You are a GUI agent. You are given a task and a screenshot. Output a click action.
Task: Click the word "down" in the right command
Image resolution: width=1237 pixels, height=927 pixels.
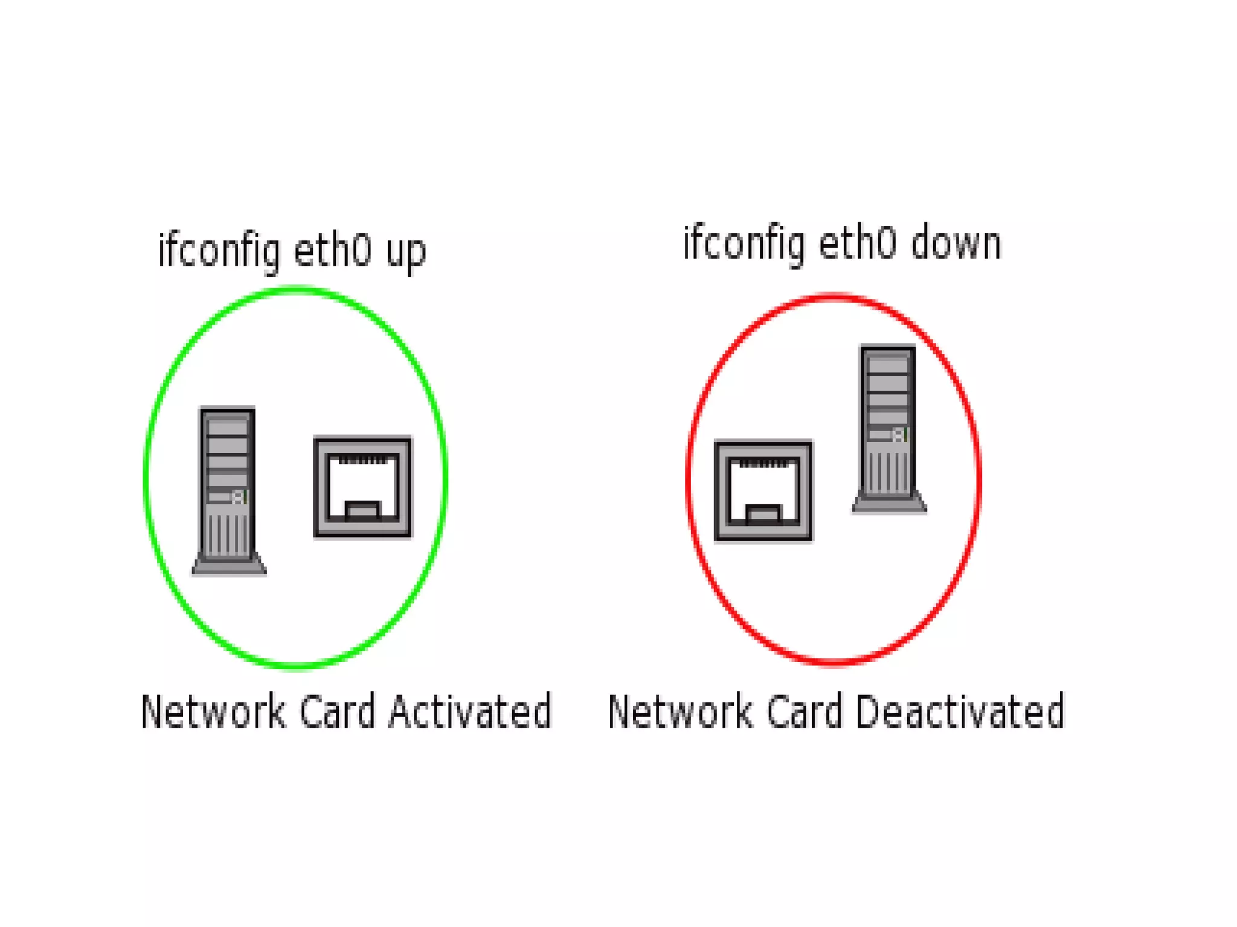click(956, 244)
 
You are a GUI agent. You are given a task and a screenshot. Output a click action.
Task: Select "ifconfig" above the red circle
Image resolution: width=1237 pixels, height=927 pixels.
click(744, 244)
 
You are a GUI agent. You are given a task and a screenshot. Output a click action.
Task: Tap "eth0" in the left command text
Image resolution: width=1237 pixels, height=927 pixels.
click(332, 250)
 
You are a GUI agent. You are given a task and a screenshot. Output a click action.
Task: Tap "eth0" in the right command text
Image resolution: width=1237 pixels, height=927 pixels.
click(857, 243)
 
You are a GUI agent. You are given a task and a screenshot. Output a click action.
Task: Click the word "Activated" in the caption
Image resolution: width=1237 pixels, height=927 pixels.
click(470, 711)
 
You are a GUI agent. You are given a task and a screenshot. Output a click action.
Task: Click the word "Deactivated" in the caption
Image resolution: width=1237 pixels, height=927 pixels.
click(960, 711)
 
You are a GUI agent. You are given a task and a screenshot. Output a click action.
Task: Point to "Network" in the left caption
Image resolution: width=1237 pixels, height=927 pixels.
click(213, 711)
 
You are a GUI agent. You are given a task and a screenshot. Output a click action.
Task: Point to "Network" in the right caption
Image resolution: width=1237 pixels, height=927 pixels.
click(680, 711)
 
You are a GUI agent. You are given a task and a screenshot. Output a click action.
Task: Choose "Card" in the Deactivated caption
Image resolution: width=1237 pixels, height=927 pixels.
click(804, 711)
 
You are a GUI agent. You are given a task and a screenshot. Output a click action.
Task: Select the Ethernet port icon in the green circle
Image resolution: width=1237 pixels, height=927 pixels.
click(362, 486)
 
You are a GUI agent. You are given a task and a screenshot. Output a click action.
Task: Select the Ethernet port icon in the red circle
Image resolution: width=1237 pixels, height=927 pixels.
click(763, 490)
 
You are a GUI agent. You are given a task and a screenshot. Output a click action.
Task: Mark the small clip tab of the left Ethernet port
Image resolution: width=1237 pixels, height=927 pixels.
click(362, 510)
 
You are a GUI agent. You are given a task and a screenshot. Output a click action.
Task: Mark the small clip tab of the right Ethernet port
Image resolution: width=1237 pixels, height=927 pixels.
click(763, 515)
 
